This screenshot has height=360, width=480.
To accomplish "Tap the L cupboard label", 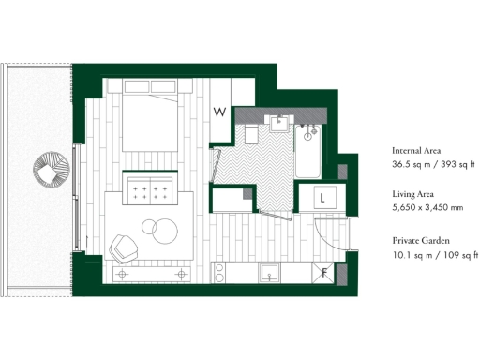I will click(322, 198).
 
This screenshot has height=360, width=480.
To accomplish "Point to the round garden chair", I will click(52, 172).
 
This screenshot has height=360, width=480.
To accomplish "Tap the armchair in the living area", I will click(124, 247).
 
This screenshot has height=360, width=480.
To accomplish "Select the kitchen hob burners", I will click(220, 274).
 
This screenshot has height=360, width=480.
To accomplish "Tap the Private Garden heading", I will click(419, 239).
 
